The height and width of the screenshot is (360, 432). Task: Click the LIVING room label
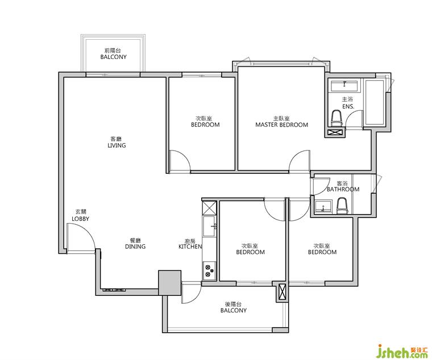[x=117, y=145]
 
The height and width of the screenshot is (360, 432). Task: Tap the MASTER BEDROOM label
[x=281, y=125]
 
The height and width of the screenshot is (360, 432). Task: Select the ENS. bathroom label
[x=348, y=106]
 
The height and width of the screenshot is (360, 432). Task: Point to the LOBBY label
[x=81, y=219]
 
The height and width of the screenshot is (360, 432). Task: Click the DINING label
[x=135, y=246]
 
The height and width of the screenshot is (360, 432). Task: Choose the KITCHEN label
[x=190, y=246]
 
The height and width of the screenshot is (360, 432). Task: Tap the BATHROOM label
[x=343, y=189]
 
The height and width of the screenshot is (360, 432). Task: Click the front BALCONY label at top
[x=114, y=57]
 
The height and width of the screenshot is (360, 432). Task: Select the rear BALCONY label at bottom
[x=234, y=311]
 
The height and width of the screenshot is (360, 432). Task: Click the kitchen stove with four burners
[x=210, y=270]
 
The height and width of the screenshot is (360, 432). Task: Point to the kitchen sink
[x=210, y=226]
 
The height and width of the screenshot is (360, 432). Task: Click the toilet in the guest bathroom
[x=342, y=206]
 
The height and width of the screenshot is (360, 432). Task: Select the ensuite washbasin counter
[x=344, y=86]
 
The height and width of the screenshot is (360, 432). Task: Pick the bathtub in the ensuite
[x=374, y=102]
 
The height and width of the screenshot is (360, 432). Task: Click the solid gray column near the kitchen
[x=170, y=283]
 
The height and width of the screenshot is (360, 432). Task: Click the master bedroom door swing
[x=300, y=161]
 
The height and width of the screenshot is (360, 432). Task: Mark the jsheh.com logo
[x=402, y=350]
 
